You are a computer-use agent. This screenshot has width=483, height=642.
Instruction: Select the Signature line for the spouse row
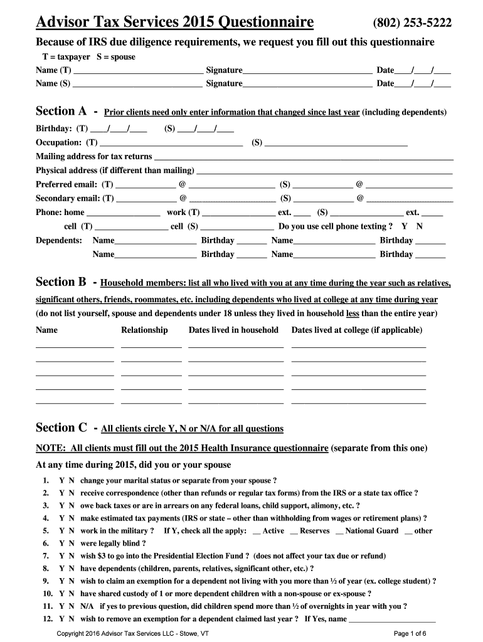click(307, 83)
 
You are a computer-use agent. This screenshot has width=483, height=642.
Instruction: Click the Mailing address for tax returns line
click(303, 157)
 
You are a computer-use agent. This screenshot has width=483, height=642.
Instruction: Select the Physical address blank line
click(324, 171)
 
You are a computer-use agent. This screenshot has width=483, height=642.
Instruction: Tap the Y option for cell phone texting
click(405, 226)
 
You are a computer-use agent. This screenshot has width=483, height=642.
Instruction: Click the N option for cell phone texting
click(420, 226)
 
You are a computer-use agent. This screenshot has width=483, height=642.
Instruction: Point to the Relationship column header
click(144, 330)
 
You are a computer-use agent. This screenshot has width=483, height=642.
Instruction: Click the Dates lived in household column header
click(233, 330)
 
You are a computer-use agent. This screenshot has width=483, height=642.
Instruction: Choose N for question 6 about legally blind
click(72, 544)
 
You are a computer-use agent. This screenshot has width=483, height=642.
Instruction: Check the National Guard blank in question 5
click(339, 531)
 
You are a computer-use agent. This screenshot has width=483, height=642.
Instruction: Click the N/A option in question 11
click(87, 606)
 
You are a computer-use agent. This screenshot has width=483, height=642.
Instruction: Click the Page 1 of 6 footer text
click(410, 633)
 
